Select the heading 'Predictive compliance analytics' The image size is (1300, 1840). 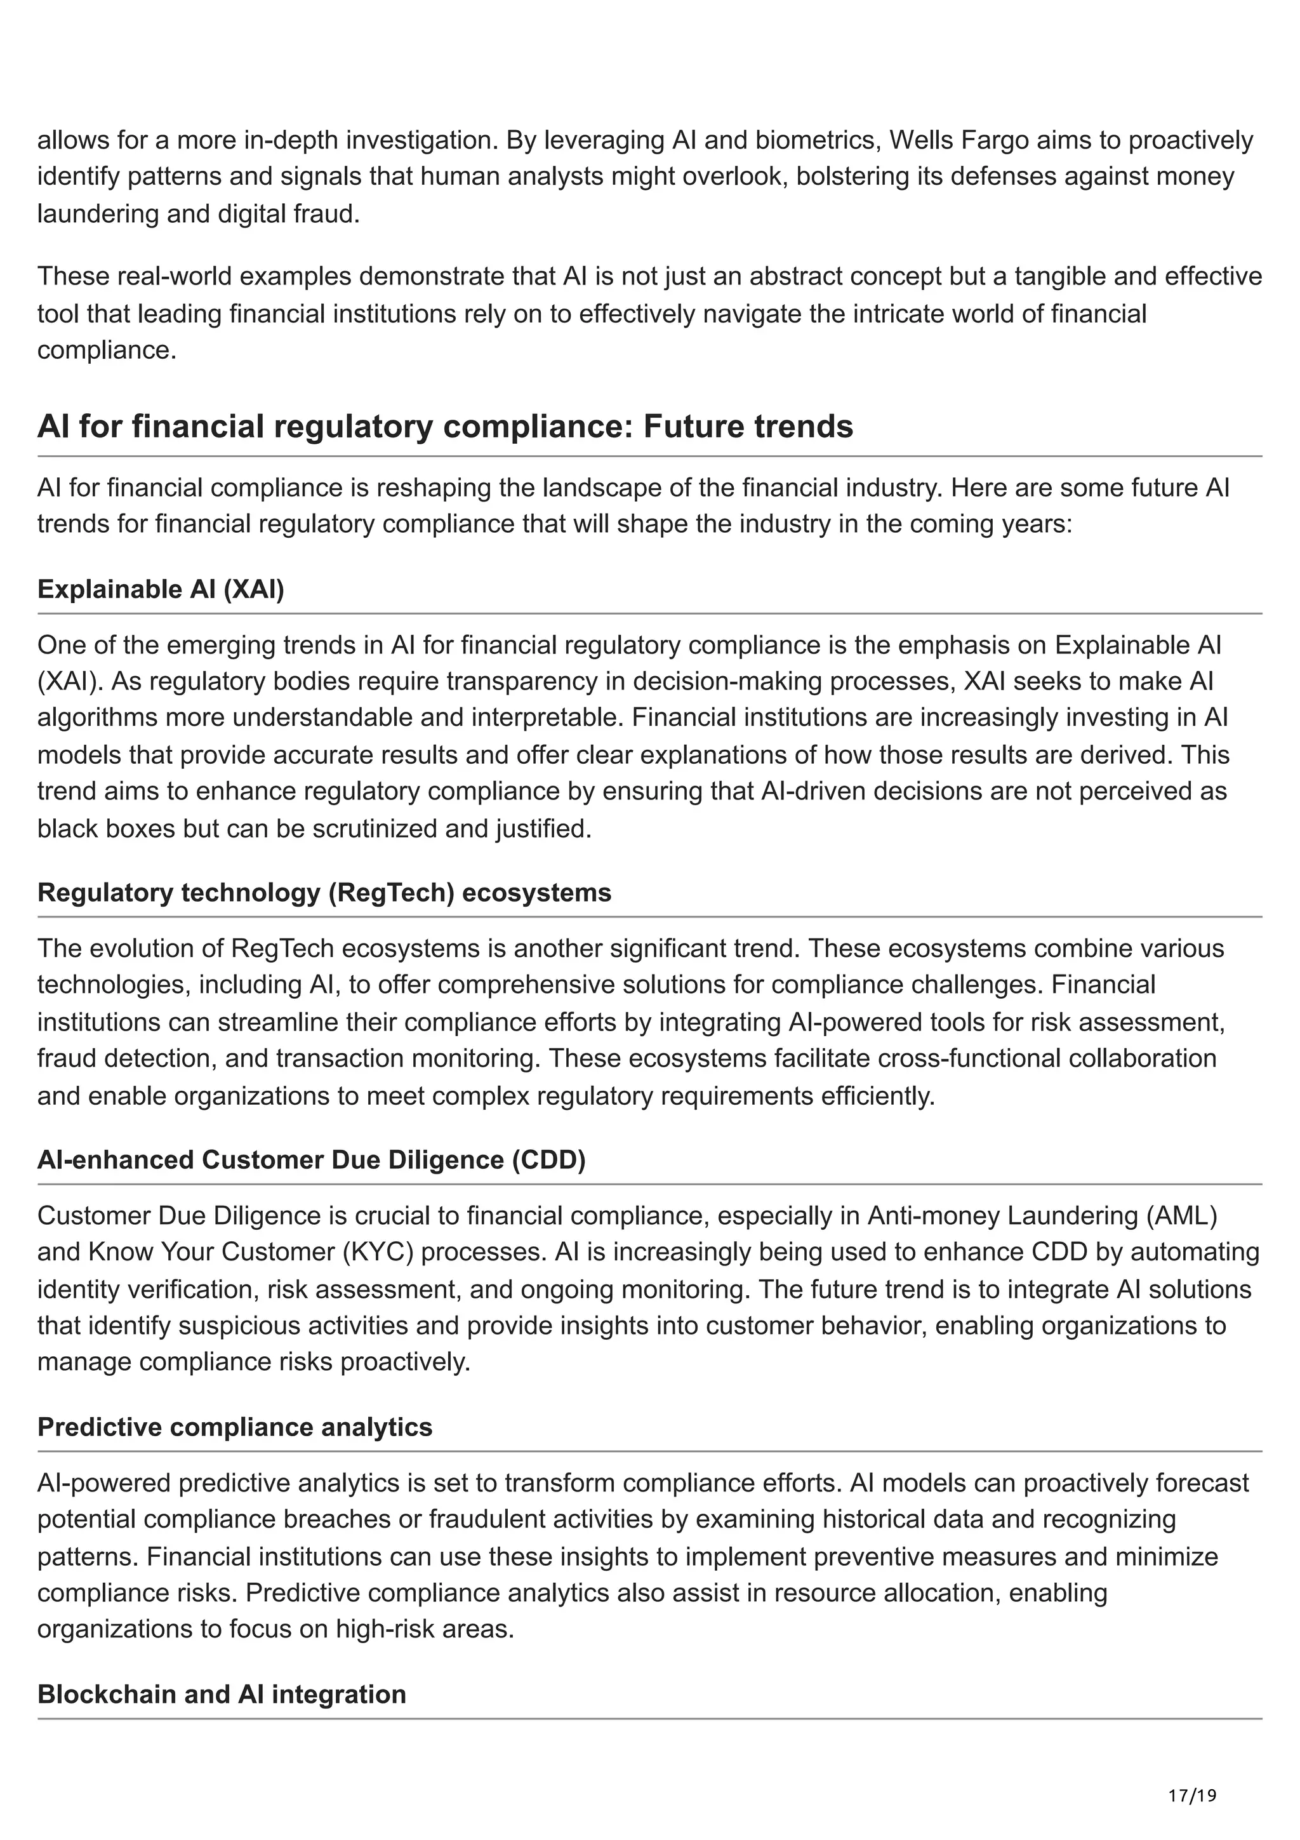[x=235, y=1427]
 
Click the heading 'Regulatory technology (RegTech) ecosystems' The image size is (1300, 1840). [x=324, y=893]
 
